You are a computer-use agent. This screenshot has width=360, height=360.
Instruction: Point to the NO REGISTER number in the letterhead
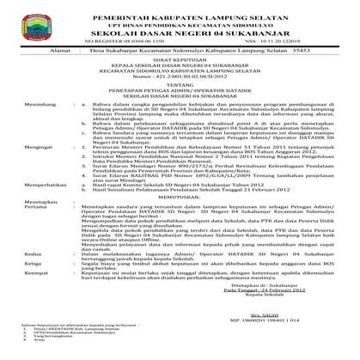111,40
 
